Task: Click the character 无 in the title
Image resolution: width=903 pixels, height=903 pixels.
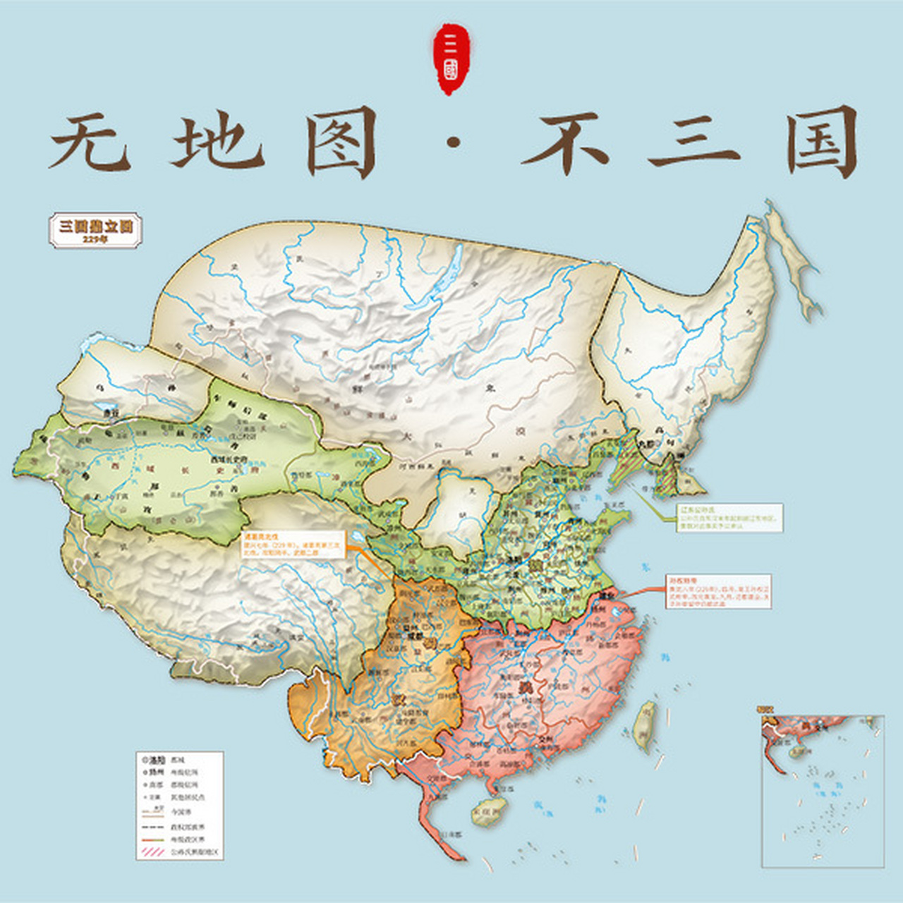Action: [x=90, y=143]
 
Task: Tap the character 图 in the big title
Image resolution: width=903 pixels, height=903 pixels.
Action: [x=341, y=143]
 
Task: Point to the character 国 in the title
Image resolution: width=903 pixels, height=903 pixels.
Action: [x=823, y=143]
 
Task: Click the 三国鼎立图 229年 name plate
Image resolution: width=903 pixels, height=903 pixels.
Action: [x=95, y=229]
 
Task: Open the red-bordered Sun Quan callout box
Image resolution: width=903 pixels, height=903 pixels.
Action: [x=719, y=591]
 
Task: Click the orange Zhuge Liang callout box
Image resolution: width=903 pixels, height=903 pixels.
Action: [x=292, y=544]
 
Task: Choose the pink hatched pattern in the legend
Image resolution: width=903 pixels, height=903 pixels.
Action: [x=153, y=852]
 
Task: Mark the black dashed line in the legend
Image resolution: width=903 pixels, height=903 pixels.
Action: [x=153, y=826]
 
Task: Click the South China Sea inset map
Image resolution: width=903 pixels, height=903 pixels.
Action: [x=822, y=790]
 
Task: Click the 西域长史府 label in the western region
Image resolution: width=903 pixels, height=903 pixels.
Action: [x=229, y=459]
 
